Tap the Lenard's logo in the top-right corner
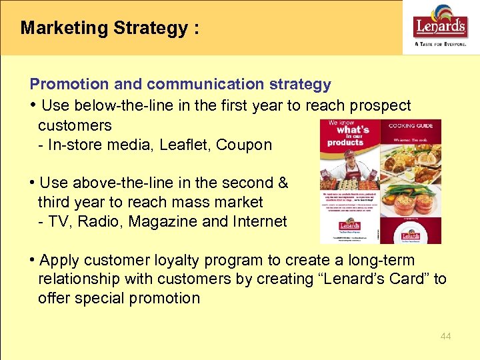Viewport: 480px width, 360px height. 441,24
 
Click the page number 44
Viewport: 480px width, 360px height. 445,337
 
